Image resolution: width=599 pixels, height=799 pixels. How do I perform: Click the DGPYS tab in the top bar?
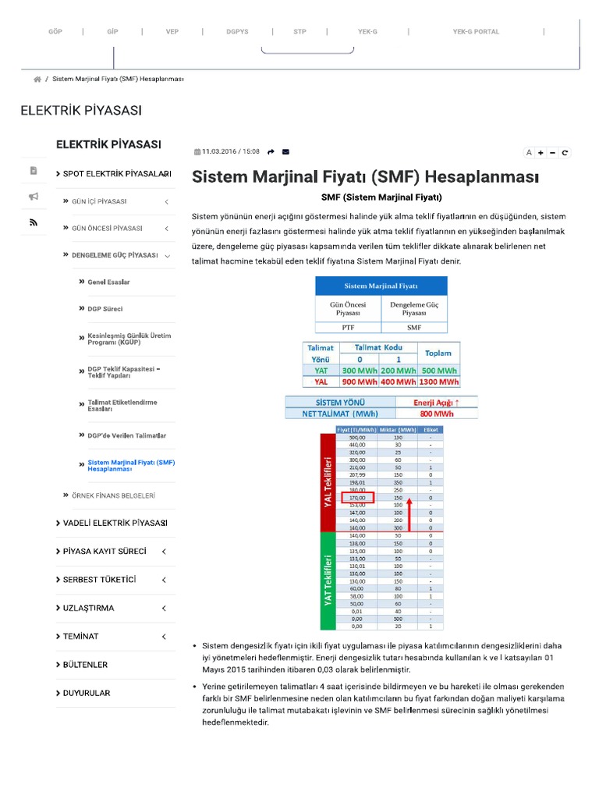pyautogui.click(x=237, y=32)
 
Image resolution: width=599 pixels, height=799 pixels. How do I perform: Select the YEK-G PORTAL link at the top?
pyautogui.click(x=476, y=32)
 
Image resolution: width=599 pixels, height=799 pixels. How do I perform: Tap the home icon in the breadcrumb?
pyautogui.click(x=37, y=80)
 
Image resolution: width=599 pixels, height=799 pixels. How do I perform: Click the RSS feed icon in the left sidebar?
pyautogui.click(x=34, y=222)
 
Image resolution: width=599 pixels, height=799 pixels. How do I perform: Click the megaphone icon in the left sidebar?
pyautogui.click(x=34, y=197)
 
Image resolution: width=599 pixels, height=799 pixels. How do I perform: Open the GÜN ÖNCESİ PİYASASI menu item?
pyautogui.click(x=107, y=229)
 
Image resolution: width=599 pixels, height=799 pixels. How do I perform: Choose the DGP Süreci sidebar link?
pyautogui.click(x=105, y=309)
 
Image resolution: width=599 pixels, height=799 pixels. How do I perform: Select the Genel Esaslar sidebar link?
pyautogui.click(x=109, y=282)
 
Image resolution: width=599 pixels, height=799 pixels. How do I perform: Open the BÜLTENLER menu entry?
pyautogui.click(x=85, y=665)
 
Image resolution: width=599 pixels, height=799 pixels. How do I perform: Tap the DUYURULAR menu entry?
pyautogui.click(x=87, y=693)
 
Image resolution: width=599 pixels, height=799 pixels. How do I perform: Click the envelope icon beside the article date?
pyautogui.click(x=285, y=152)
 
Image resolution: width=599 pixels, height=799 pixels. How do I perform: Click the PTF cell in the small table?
pyautogui.click(x=348, y=328)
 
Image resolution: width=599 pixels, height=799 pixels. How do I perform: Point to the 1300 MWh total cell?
pyautogui.click(x=438, y=382)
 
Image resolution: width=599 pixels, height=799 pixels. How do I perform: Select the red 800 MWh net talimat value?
pyautogui.click(x=436, y=414)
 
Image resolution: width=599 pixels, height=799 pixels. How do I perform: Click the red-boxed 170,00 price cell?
pyautogui.click(x=354, y=497)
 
